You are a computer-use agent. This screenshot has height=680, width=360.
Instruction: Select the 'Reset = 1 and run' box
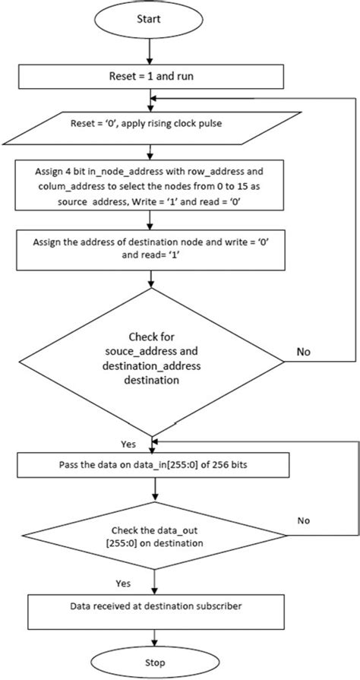click(153, 76)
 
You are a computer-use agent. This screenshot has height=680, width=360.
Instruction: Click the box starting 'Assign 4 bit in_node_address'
click(153, 185)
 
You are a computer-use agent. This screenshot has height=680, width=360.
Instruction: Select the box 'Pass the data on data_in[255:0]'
click(153, 463)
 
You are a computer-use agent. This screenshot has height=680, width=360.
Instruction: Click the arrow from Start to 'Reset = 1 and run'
click(153, 52)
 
